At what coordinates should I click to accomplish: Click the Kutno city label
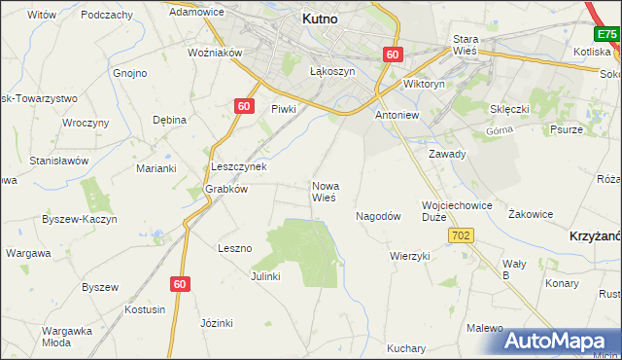[x=320, y=18]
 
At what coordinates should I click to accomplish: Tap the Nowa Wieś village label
[x=325, y=191]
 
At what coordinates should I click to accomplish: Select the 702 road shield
[x=461, y=236]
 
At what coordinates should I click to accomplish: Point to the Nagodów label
[x=379, y=216]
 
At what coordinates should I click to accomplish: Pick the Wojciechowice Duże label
[x=457, y=211]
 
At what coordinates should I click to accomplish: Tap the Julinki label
[x=265, y=276]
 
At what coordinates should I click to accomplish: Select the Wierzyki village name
[x=409, y=256]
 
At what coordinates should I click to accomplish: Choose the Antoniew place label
[x=397, y=115]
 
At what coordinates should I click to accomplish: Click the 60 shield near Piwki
[x=244, y=106]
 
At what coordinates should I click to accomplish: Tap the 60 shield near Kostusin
[x=180, y=283]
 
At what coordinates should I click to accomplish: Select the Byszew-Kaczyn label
[x=80, y=220]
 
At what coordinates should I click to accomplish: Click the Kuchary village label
[x=406, y=348]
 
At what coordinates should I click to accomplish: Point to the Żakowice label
[x=531, y=214]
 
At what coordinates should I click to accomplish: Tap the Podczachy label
[x=107, y=15]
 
